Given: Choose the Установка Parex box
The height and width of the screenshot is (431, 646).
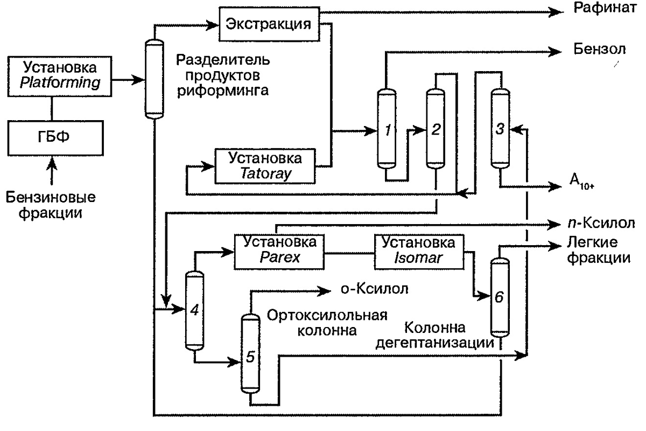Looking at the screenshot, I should click(279, 251).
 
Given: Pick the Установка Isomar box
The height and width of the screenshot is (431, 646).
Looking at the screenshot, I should click(419, 251).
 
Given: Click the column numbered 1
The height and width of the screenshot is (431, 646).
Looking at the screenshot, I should click(386, 129).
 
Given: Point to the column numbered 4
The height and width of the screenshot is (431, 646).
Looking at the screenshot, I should click(195, 311).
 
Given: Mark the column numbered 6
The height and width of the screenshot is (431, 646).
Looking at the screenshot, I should click(500, 298).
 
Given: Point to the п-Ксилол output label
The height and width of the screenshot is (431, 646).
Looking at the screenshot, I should click(598, 223).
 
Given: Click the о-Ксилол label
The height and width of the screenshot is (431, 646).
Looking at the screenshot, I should click(374, 289).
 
